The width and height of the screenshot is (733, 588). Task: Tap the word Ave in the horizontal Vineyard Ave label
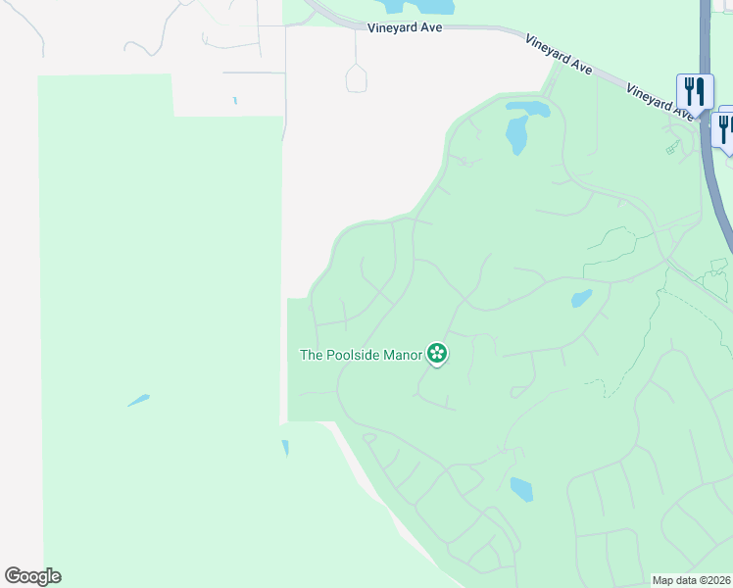click(431, 27)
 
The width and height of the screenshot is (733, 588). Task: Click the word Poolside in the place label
click(362, 355)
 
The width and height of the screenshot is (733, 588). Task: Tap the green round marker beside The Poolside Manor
click(437, 354)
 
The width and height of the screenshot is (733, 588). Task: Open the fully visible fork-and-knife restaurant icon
click(694, 92)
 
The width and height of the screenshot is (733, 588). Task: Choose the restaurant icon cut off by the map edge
click(725, 128)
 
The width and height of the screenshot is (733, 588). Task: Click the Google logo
click(32, 576)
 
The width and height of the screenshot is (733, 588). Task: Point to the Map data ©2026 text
click(692, 580)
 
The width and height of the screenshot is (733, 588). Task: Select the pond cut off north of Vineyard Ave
click(417, 7)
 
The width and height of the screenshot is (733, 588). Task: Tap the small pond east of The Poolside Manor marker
click(581, 298)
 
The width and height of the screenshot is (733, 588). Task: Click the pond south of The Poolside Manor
click(521, 489)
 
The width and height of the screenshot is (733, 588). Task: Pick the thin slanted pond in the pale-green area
click(138, 400)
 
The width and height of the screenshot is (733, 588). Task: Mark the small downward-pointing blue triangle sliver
click(285, 448)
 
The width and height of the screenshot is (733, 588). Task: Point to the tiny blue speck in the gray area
click(235, 100)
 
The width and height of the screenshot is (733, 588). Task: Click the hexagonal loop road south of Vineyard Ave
click(357, 77)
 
